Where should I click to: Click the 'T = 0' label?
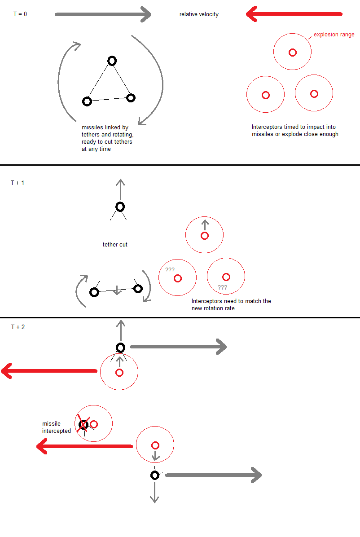20,14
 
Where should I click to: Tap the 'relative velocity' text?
199,14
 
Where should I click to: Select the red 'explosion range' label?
334,34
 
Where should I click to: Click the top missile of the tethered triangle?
112,61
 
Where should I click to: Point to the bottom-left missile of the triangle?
87,101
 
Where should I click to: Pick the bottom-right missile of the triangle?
131,98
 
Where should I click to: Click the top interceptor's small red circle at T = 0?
293,53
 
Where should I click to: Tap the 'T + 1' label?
18,183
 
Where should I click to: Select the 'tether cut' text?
115,245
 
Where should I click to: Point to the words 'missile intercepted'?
56,427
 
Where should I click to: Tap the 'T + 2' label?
18,327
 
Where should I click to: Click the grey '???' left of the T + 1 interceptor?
170,270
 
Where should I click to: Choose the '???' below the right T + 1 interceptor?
222,287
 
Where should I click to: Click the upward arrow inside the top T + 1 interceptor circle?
205,225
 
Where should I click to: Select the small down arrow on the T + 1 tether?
117,291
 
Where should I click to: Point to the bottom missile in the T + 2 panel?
155,475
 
